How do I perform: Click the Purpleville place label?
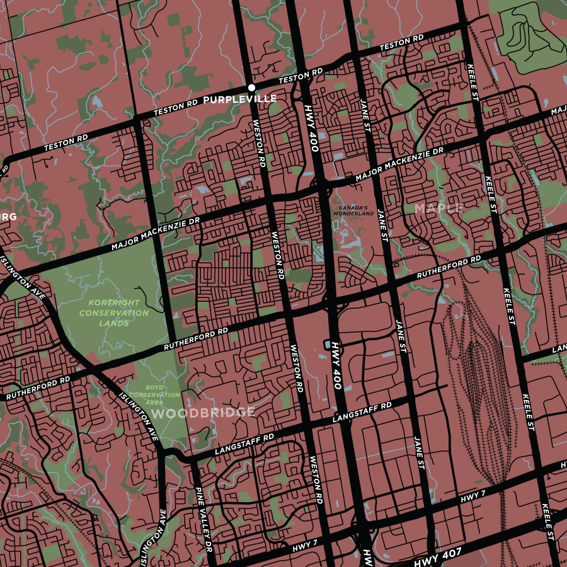240,100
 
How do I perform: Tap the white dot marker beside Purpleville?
251,87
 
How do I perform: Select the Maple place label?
439,207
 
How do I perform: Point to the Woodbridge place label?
203,413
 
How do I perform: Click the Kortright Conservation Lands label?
114,312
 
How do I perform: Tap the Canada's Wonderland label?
352,210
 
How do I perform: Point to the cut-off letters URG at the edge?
7,217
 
